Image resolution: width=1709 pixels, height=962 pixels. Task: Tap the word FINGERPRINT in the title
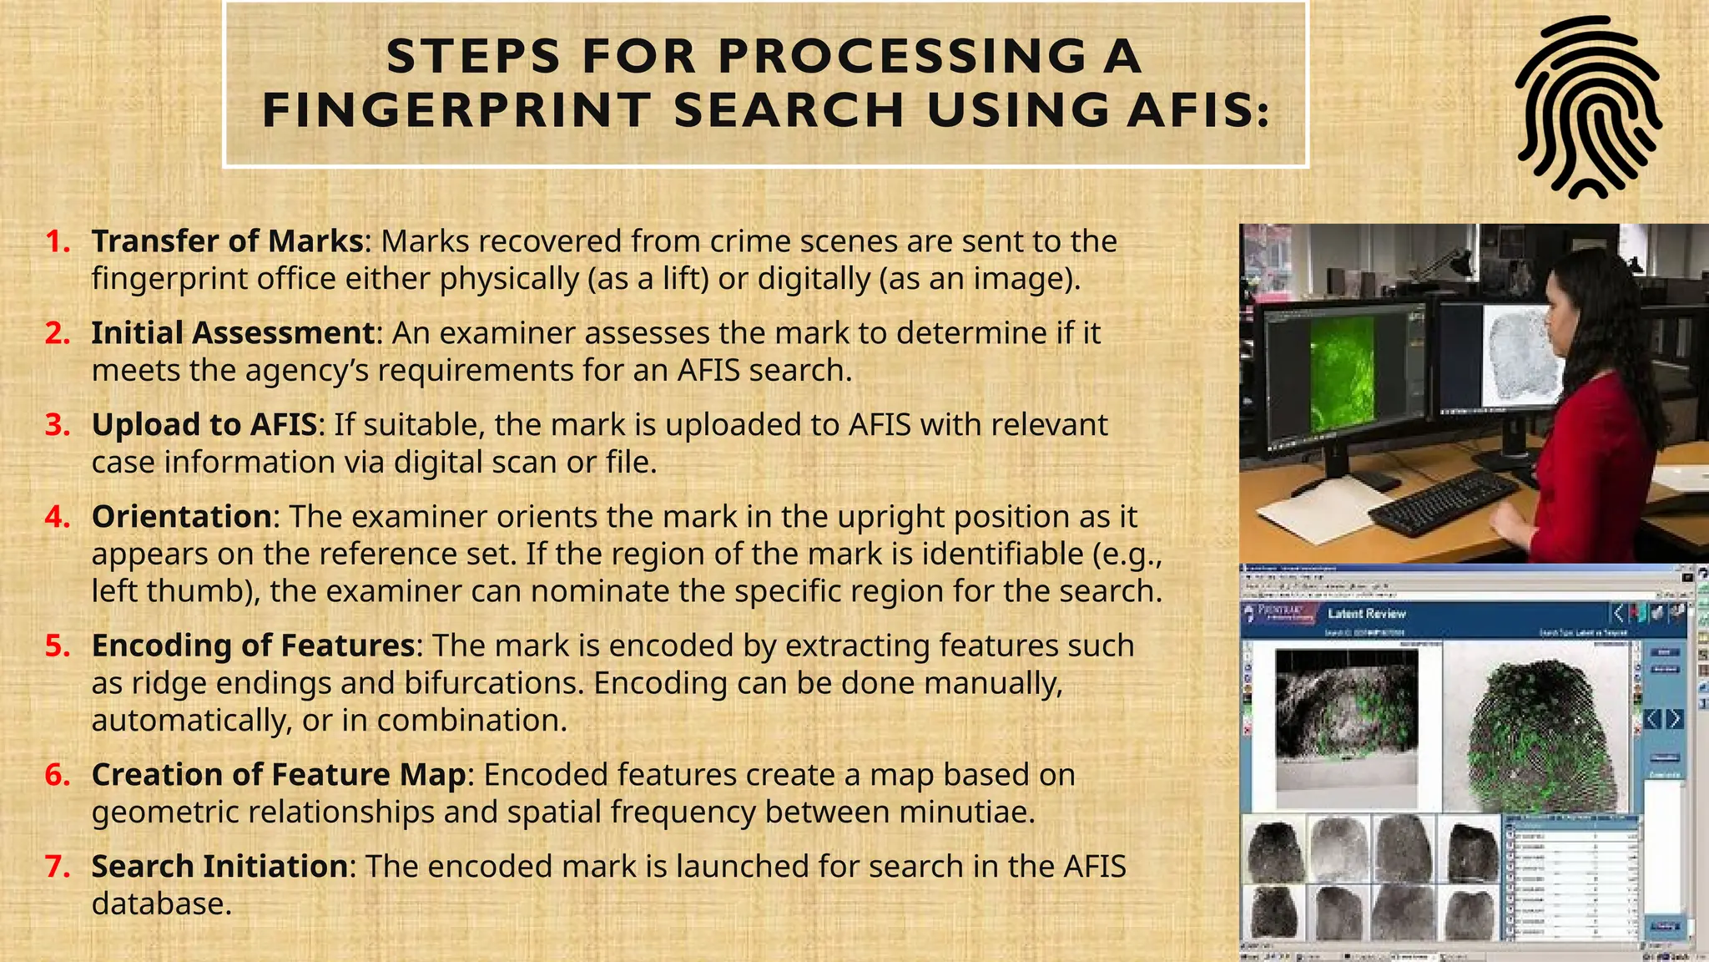pyautogui.click(x=456, y=110)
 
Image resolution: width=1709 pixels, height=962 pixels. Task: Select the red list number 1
pyautogui.click(x=58, y=241)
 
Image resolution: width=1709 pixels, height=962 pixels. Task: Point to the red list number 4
pyautogui.click(x=58, y=517)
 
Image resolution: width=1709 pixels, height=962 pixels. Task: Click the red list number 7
pyautogui.click(x=58, y=867)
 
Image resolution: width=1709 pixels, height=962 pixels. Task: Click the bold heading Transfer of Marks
pyautogui.click(x=227, y=241)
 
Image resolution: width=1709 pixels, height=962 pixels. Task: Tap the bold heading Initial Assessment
pyautogui.click(x=233, y=333)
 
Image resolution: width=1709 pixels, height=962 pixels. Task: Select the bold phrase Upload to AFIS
pyautogui.click(x=204, y=425)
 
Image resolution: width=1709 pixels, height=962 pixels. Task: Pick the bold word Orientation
pyautogui.click(x=182, y=517)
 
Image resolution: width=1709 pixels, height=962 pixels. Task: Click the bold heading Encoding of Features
pyautogui.click(x=253, y=646)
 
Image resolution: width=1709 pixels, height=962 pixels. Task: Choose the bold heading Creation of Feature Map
pyautogui.click(x=278, y=775)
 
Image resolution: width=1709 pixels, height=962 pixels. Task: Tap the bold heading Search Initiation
pyautogui.click(x=219, y=867)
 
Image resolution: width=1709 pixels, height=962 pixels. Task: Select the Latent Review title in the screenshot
pyautogui.click(x=1367, y=614)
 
